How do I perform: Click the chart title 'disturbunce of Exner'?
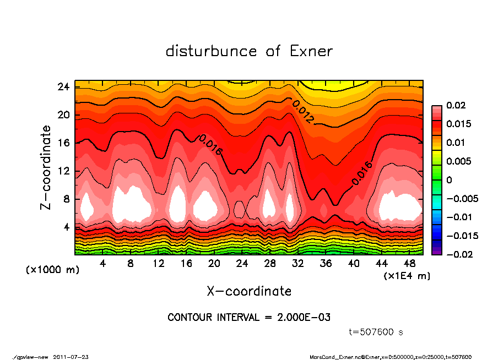[249, 52]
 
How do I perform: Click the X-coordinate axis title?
[249, 291]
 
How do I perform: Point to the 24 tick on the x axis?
[242, 264]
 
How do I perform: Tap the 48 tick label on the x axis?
[410, 264]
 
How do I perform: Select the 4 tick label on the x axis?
[103, 264]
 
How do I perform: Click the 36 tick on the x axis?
[326, 264]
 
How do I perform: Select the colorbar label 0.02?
[458, 105]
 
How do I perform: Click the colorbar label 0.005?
[460, 161]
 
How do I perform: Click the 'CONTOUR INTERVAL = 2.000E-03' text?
[249, 318]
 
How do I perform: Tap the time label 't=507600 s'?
[377, 332]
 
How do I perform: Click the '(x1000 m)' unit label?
[48, 270]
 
